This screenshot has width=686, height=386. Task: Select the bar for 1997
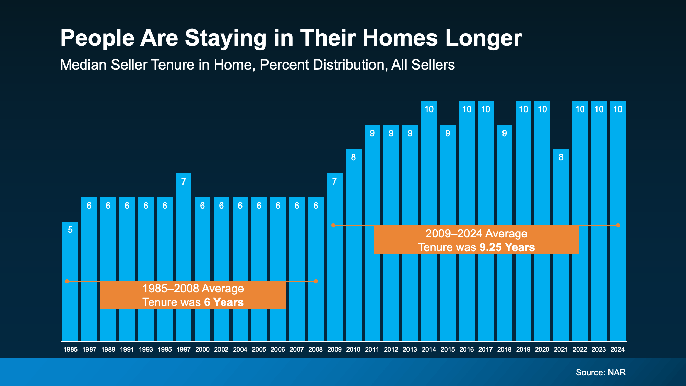coord(184,257)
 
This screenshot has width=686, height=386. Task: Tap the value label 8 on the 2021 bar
coord(561,157)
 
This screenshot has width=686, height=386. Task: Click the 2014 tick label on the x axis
coord(429,349)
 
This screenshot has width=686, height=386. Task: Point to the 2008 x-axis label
coord(316,349)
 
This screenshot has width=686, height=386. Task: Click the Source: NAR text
coord(601,372)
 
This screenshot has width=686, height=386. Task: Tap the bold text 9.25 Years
coord(507,247)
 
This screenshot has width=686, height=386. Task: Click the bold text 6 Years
coord(224,302)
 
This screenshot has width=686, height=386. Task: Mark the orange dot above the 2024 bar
coord(618,225)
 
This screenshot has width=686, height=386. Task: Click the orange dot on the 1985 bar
coord(67,281)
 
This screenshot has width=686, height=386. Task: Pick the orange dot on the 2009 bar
coord(333,225)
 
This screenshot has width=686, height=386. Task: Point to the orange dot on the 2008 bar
coord(316,281)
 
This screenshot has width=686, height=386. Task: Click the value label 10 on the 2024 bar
coord(617,109)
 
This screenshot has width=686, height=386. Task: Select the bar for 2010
coord(353,257)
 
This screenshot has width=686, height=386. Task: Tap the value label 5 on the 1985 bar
coord(70,230)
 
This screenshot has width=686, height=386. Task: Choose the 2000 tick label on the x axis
coord(202,349)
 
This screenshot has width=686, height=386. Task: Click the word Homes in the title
coord(400,38)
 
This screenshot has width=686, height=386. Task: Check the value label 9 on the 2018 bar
coord(504,133)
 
